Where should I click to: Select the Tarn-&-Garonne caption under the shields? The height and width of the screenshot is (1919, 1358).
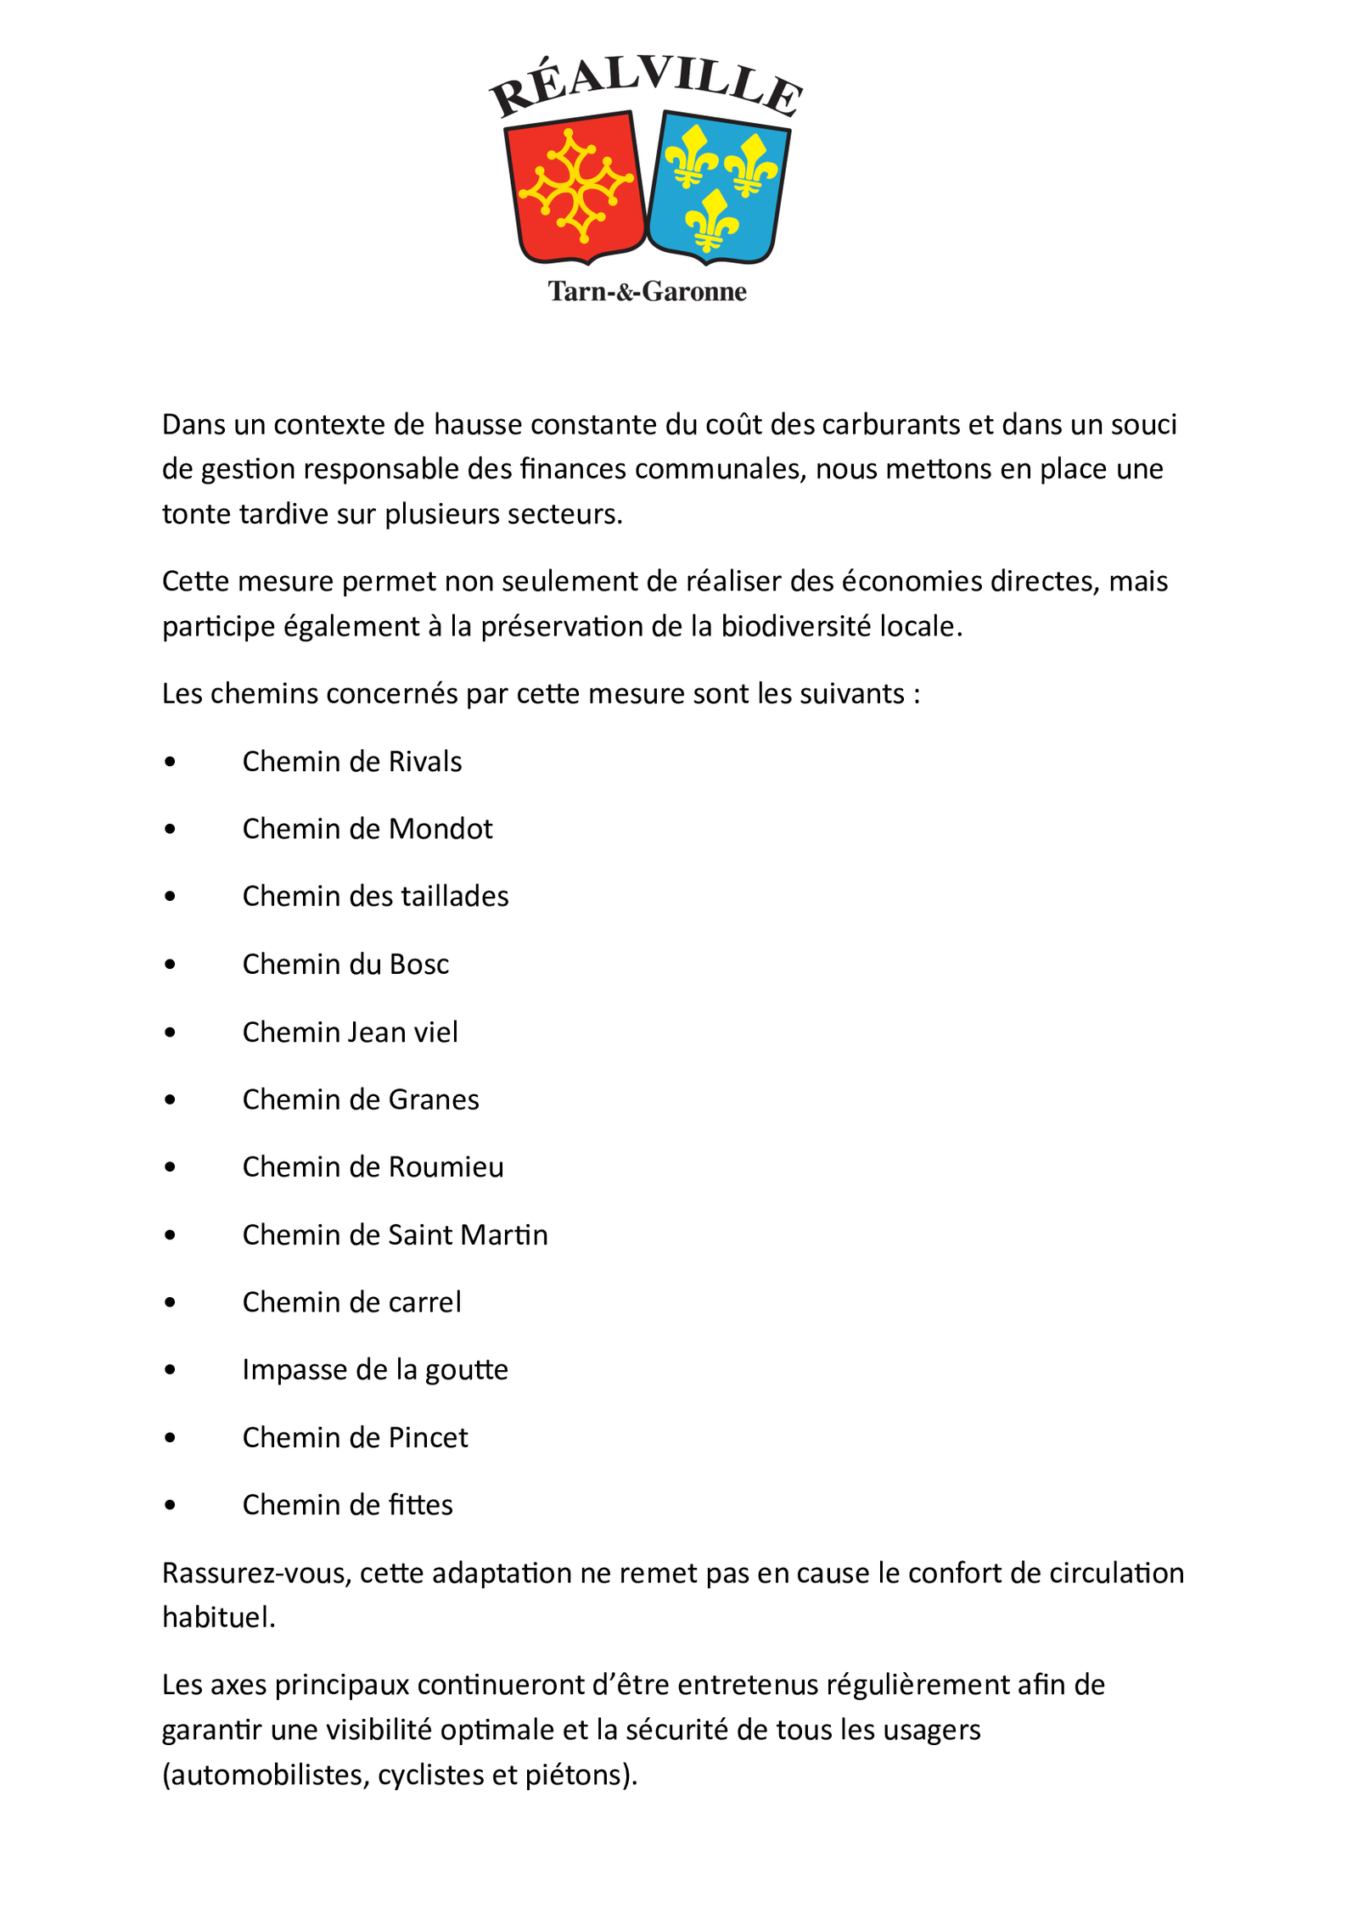coord(647,292)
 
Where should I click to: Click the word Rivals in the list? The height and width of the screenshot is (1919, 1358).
coord(424,762)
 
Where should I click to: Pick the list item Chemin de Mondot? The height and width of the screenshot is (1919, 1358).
coord(367,829)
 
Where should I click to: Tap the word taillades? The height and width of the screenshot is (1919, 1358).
coord(454,897)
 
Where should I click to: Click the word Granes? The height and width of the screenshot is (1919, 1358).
coord(433,1099)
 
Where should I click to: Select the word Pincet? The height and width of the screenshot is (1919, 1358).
coord(428,1438)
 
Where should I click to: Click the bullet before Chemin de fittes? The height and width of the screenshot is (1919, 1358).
coord(171,1506)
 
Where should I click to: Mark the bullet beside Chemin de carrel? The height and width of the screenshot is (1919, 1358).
coord(171,1303)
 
